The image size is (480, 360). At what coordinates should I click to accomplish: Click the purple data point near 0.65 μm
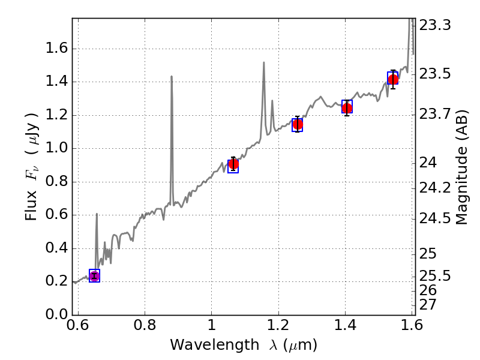tap(94, 276)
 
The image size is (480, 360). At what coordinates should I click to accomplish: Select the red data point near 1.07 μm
tap(233, 164)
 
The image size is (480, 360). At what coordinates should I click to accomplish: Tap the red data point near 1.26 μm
tap(297, 125)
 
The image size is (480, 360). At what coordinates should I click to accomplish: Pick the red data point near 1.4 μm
tap(347, 108)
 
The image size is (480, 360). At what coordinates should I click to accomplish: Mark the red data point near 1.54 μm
tap(393, 80)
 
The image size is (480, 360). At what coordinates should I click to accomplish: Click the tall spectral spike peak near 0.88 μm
tap(172, 77)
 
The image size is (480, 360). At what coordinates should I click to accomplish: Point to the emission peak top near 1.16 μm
tap(263, 62)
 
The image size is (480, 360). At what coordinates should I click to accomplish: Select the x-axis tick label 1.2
tap(278, 328)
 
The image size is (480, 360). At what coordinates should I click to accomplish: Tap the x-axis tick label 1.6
tap(412, 328)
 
